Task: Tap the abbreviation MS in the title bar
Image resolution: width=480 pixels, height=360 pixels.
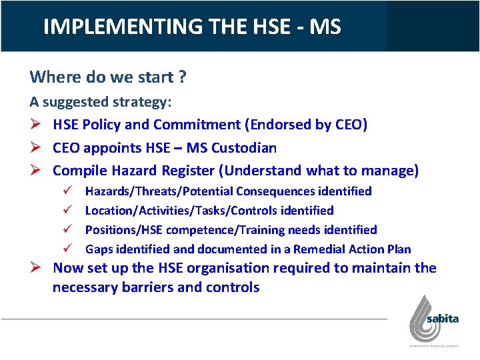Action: pyautogui.click(x=325, y=27)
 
